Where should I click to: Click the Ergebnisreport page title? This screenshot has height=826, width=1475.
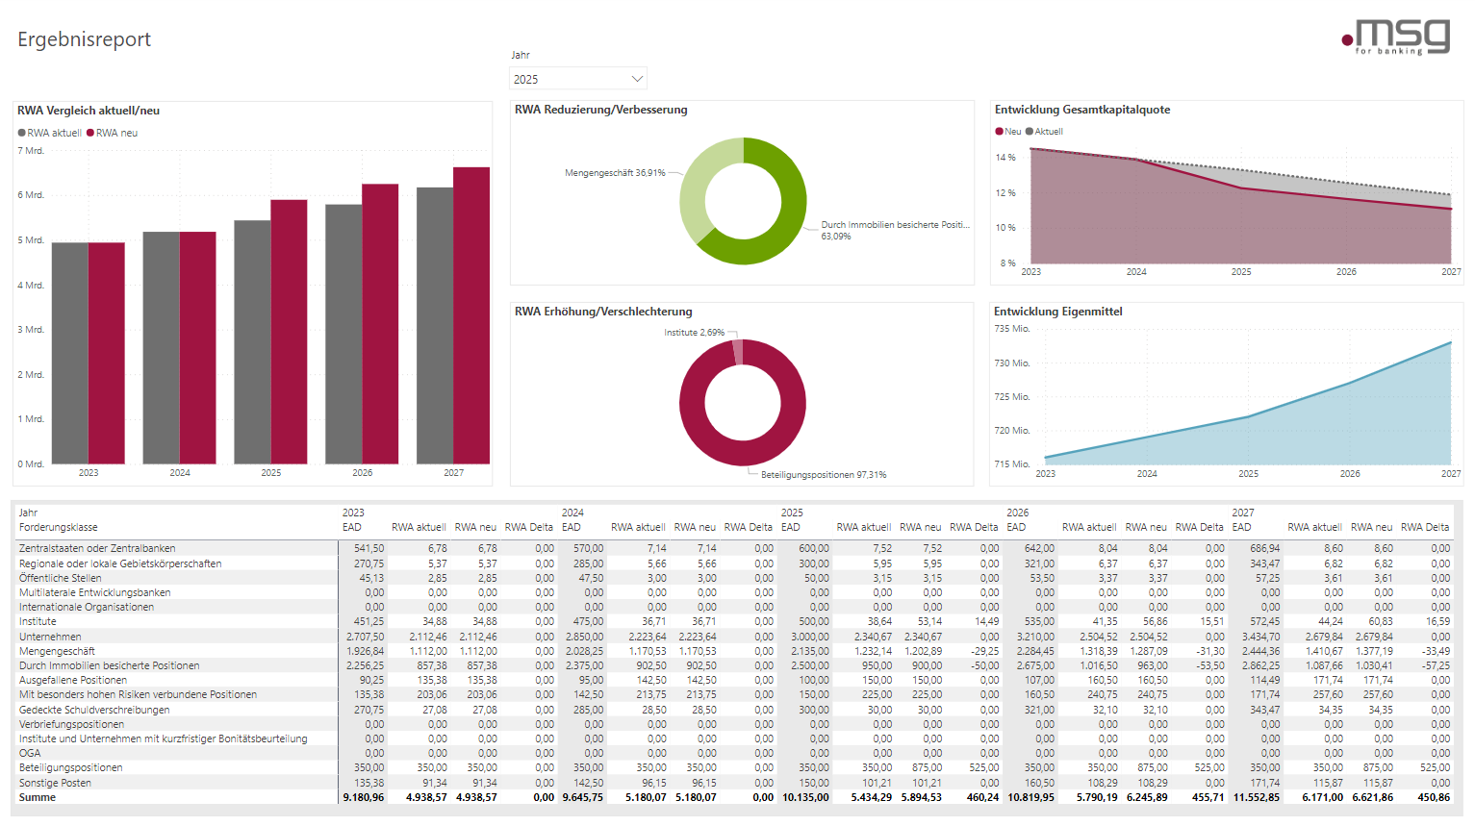pos(85,39)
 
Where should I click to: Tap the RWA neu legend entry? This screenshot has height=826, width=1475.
pos(113,133)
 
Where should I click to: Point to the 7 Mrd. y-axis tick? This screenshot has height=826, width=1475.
pos(31,151)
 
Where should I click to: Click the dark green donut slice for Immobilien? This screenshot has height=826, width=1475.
pos(779,221)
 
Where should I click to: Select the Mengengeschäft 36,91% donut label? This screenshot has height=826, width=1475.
pos(615,173)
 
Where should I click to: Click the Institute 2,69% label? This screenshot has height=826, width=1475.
pos(694,333)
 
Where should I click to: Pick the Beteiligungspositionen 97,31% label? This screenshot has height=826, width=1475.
pos(824,475)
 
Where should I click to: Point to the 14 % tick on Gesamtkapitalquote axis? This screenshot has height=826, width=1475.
pos(1005,158)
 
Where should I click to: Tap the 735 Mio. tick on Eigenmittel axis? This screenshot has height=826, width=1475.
pos(1011,329)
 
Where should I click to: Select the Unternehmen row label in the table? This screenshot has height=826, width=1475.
pos(50,637)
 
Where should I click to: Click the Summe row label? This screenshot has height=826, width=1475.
pos(38,797)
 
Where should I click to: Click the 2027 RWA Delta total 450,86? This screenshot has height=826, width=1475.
pos(1434,797)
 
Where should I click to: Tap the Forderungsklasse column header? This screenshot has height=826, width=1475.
pos(59,527)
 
